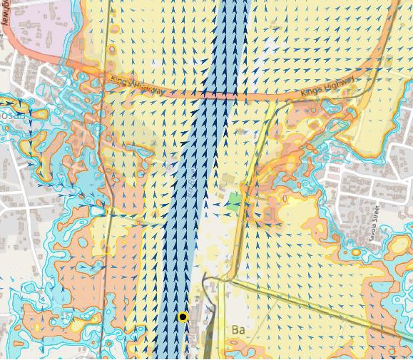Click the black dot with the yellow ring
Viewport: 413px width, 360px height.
pos(183,317)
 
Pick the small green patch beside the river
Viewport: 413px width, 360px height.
pos(235,200)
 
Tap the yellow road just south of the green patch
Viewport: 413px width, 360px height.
pos(240,235)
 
